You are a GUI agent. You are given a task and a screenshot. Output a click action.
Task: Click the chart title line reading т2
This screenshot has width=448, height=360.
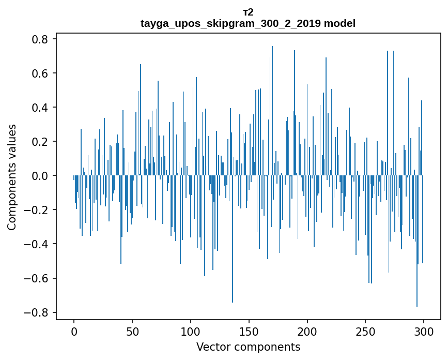(248, 12)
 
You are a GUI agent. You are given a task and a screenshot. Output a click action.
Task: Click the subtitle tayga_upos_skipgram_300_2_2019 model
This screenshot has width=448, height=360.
(248, 23)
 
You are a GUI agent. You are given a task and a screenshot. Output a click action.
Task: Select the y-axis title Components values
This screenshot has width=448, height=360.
(12, 177)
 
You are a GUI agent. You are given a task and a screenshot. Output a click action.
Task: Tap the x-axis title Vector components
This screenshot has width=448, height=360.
(248, 347)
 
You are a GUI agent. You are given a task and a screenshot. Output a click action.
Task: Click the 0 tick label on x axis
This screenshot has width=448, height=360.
(74, 331)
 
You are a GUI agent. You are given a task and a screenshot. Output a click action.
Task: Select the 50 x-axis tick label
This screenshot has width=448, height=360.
(132, 331)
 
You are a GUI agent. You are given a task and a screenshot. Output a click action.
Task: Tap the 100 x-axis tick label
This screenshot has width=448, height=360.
(191, 331)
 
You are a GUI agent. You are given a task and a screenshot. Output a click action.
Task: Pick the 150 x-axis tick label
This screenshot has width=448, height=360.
(249, 331)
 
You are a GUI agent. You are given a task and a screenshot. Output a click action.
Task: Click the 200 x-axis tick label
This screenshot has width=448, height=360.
(307, 331)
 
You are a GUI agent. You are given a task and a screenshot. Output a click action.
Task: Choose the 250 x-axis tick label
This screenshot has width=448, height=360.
(365, 331)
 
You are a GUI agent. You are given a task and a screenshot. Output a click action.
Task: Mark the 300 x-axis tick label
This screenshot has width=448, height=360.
(424, 331)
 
